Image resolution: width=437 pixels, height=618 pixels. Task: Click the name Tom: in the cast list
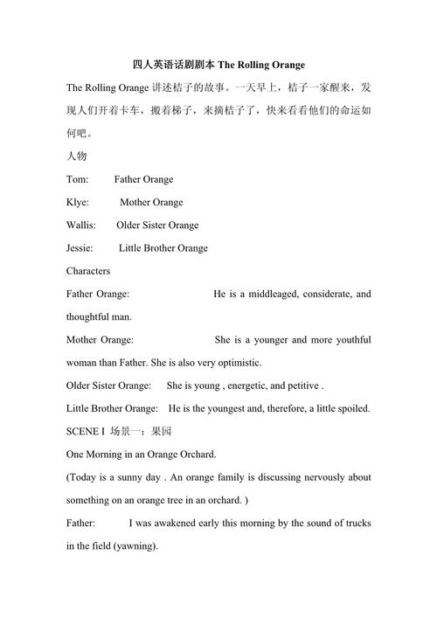77,179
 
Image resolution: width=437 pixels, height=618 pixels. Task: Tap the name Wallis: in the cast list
81,225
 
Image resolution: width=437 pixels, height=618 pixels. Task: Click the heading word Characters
88,271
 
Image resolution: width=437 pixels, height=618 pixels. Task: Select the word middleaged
268,294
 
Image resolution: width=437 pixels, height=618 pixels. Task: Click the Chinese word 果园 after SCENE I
161,431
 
